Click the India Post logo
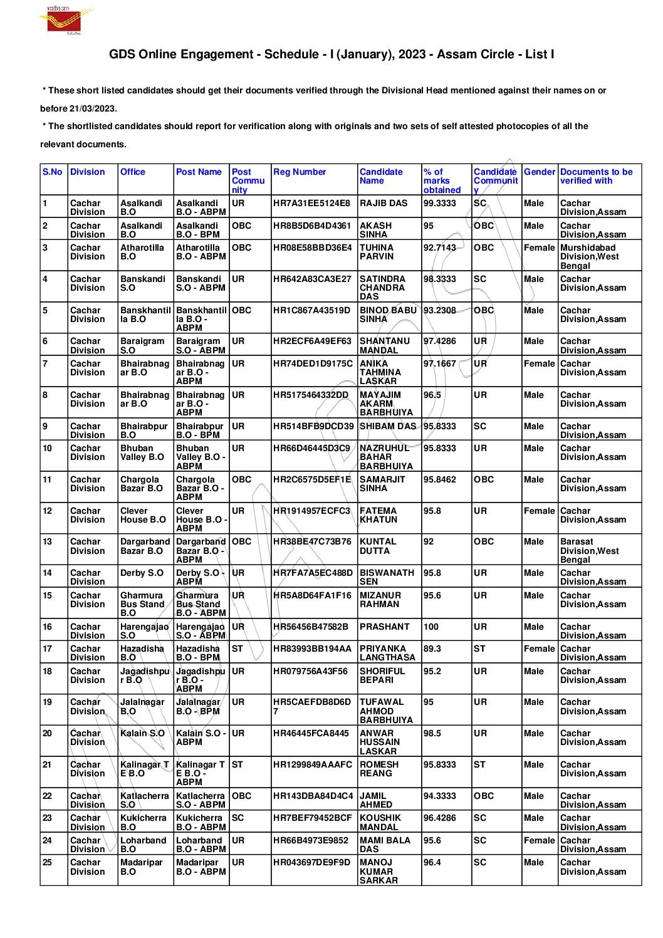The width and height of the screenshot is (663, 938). [x=65, y=20]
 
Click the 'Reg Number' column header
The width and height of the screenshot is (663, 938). [x=300, y=172]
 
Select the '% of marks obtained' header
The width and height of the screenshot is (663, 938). [x=442, y=180]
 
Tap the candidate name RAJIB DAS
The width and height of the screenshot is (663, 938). [x=384, y=203]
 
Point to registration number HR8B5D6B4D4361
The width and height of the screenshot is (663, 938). [x=312, y=226]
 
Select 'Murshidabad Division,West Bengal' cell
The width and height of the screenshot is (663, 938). [x=589, y=256]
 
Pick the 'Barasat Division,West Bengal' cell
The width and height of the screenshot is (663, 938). [x=589, y=550]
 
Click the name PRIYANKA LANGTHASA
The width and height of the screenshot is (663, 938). [x=387, y=653]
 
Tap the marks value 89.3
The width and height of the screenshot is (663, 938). [x=432, y=649]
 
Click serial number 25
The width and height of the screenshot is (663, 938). [x=48, y=862]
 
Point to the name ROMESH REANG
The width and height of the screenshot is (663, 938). [x=378, y=769]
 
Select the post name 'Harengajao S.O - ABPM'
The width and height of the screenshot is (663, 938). [x=201, y=631]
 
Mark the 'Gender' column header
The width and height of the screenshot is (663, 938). [x=540, y=172]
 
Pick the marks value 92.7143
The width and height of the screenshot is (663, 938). [x=440, y=248]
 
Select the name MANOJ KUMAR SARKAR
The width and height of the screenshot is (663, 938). [x=378, y=871]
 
